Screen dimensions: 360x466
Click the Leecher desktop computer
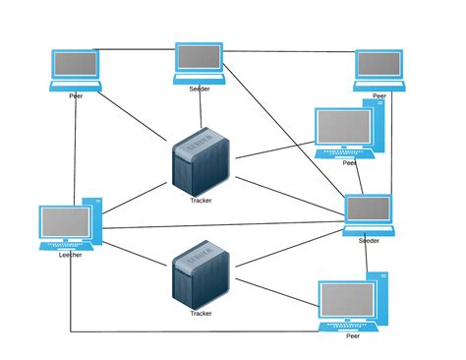pos(68,225)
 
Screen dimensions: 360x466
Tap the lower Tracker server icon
pos(200,278)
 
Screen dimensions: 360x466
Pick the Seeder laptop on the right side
pos(369,212)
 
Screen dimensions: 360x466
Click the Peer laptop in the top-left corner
pos(76,68)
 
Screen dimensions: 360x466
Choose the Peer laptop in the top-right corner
pos(379,68)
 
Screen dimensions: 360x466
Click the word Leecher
pos(70,255)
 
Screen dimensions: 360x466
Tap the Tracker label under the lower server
pos(201,314)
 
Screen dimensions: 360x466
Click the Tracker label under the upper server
pos(201,200)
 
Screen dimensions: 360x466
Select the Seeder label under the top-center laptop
pos(201,89)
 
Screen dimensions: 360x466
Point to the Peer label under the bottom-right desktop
pos(352,335)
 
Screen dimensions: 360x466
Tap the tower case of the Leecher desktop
pos(91,220)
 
